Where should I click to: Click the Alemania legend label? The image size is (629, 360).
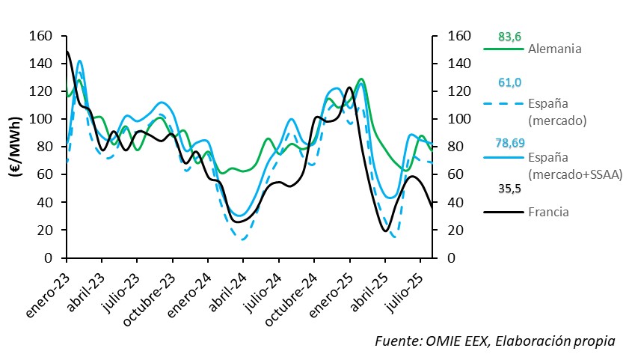[555, 49]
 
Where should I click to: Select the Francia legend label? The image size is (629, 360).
[548, 212]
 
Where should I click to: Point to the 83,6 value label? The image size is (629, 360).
[509, 36]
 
